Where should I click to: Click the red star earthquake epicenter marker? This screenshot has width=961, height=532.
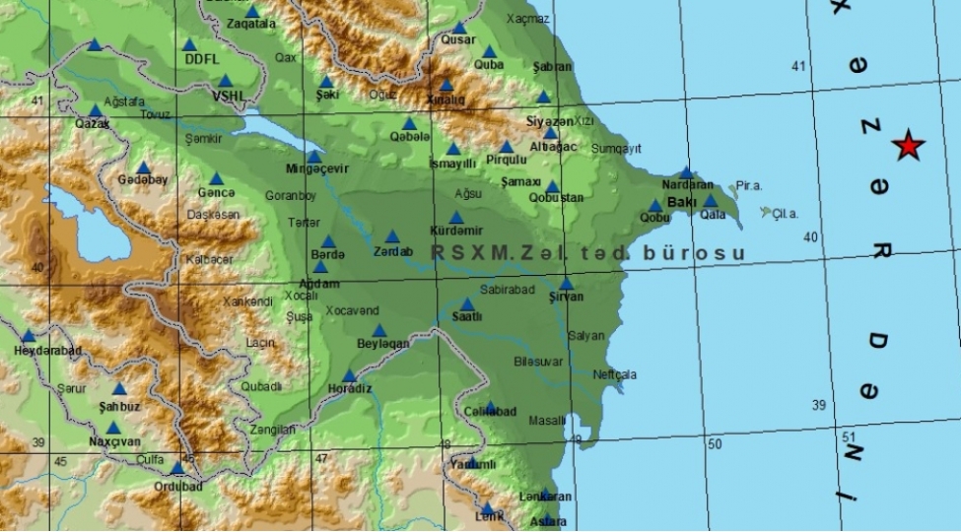pyautogui.click(x=908, y=147)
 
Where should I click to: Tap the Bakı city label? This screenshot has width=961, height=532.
pyautogui.click(x=682, y=202)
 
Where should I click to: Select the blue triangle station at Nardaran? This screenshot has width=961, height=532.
pyautogui.click(x=686, y=172)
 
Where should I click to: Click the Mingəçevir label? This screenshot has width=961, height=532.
pyautogui.click(x=317, y=168)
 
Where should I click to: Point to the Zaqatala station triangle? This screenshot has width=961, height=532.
pyautogui.click(x=252, y=12)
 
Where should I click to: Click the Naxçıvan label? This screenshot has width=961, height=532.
pyautogui.click(x=115, y=441)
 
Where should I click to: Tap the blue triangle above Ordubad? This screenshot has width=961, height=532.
pyautogui.click(x=177, y=468)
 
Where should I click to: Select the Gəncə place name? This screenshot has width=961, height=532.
pyautogui.click(x=216, y=192)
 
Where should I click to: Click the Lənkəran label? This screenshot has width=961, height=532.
pyautogui.click(x=544, y=497)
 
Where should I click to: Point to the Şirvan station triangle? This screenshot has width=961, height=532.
pyautogui.click(x=566, y=284)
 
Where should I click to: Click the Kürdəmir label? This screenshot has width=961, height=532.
pyautogui.click(x=454, y=231)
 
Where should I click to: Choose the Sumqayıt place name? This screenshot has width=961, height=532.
pyautogui.click(x=616, y=148)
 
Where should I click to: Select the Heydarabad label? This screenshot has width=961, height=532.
pyautogui.click(x=47, y=350)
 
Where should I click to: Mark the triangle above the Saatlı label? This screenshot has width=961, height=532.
pyautogui.click(x=466, y=304)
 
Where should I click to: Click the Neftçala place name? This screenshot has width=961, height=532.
pyautogui.click(x=615, y=374)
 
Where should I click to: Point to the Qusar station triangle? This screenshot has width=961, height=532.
pyautogui.click(x=458, y=28)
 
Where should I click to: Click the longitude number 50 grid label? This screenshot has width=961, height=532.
pyautogui.click(x=715, y=445)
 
